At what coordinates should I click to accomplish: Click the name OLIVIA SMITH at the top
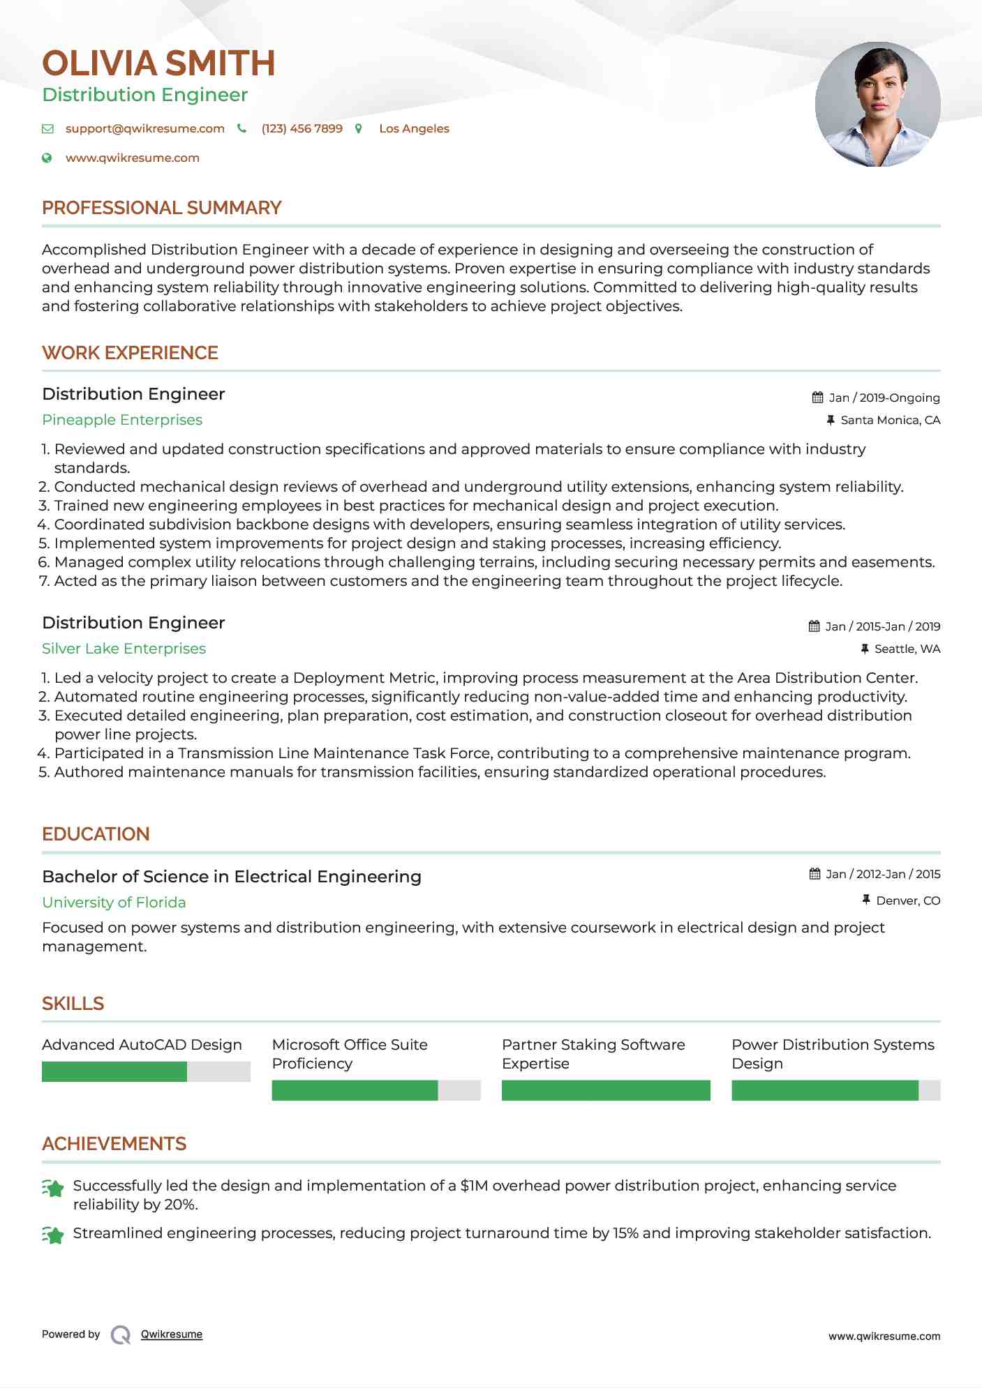158,63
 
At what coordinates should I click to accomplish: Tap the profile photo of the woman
877,105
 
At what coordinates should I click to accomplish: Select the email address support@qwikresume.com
144,128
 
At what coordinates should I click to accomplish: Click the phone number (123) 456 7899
302,128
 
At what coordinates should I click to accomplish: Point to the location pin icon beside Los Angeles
359,128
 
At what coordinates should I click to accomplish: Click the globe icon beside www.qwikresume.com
47,158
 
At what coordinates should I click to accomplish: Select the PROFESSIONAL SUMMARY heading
161,208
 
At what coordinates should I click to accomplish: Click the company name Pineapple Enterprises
122,420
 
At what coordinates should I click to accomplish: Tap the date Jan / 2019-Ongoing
884,398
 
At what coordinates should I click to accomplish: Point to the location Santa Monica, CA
890,420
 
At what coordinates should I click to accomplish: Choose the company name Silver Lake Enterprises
124,649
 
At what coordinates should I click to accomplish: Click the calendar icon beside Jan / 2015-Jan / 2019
814,626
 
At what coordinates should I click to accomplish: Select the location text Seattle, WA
907,649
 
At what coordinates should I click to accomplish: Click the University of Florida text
114,903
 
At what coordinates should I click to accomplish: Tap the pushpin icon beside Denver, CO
866,900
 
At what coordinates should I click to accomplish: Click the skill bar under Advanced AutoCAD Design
146,1071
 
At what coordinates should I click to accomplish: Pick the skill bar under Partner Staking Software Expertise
605,1090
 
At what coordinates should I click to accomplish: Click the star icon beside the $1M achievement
53,1189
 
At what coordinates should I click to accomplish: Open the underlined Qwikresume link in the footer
171,1334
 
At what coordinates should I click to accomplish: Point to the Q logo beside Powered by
121,1335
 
